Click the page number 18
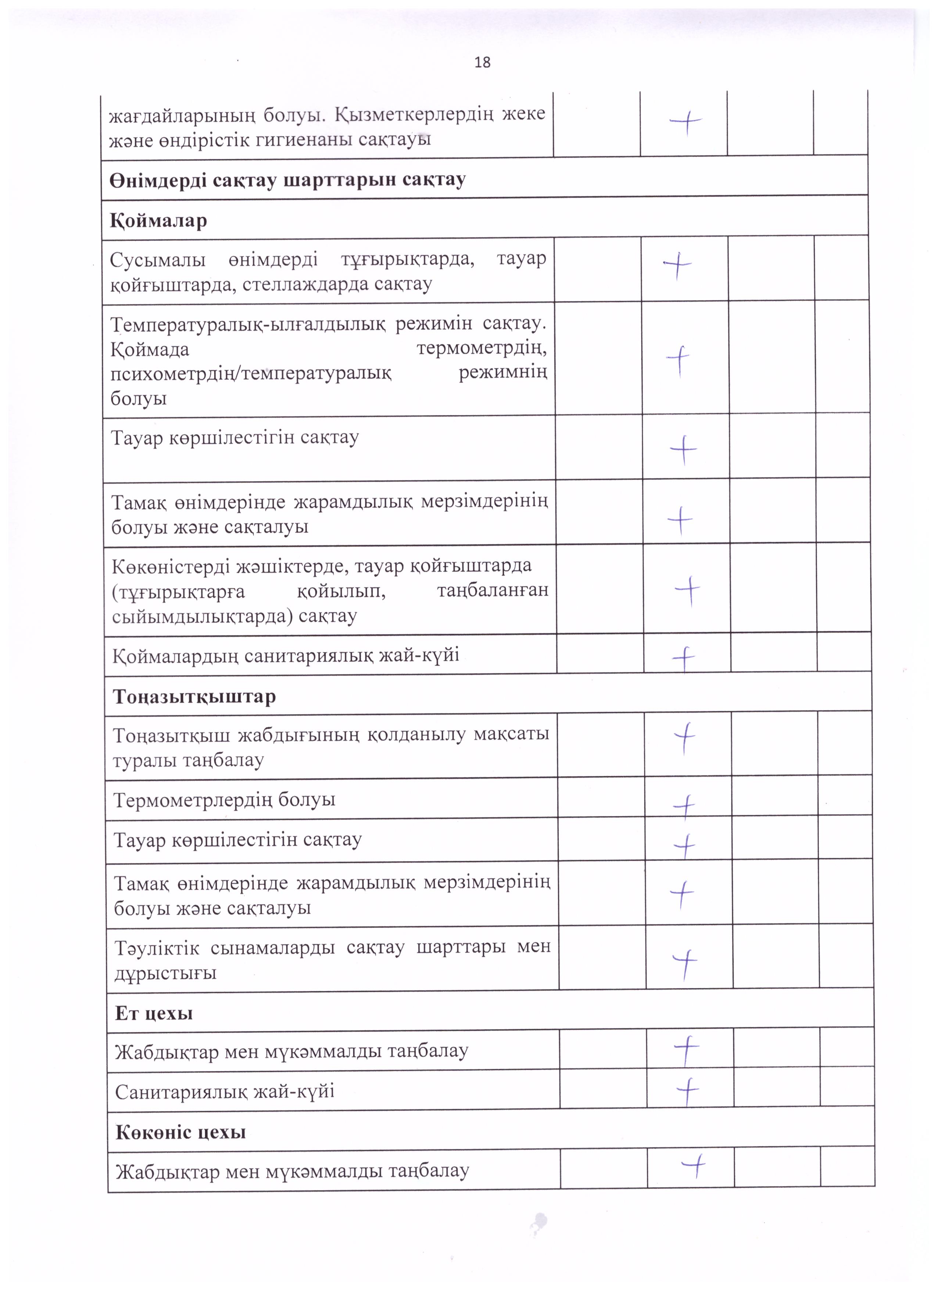(482, 62)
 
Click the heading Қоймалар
(158, 221)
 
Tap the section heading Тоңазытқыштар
(194, 697)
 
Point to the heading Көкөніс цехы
(181, 1132)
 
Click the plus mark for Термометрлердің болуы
(684, 806)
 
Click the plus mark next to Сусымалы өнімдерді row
(677, 266)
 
